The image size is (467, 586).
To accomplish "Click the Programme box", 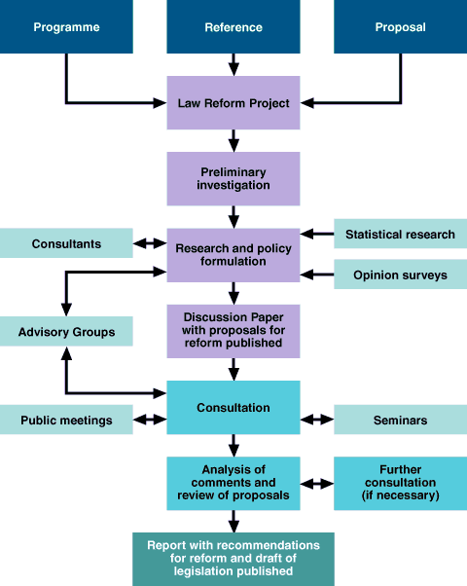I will pos(66,26).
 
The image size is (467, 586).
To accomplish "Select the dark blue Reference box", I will pos(233,26).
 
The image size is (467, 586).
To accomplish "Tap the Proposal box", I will pos(400,26).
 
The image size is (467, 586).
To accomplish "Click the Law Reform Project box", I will pos(233,103).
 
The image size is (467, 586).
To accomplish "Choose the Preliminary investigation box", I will pos(233,178).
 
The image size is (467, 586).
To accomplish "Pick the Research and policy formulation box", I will pos(233,255).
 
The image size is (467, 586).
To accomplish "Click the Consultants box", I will pos(66,243).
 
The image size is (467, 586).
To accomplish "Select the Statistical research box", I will pos(400,234).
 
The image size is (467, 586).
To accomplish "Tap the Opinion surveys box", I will pos(400,275).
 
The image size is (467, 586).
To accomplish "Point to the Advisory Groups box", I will pos(66,332).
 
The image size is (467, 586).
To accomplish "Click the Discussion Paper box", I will pos(233,331).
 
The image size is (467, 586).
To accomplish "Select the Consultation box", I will pos(233,407).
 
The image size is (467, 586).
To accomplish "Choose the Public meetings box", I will pos(66,421).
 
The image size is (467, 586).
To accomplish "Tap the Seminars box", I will pos(400,421).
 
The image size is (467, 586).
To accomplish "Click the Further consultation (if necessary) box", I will pos(400,483).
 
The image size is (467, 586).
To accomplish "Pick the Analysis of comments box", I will pos(233,483).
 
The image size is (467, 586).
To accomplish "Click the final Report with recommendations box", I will pos(233,558).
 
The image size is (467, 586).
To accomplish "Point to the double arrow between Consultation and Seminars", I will pos(316,421).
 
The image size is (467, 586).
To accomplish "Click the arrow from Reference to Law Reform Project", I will pos(233,65).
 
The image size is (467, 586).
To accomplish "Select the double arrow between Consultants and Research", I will pos(149,243).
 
